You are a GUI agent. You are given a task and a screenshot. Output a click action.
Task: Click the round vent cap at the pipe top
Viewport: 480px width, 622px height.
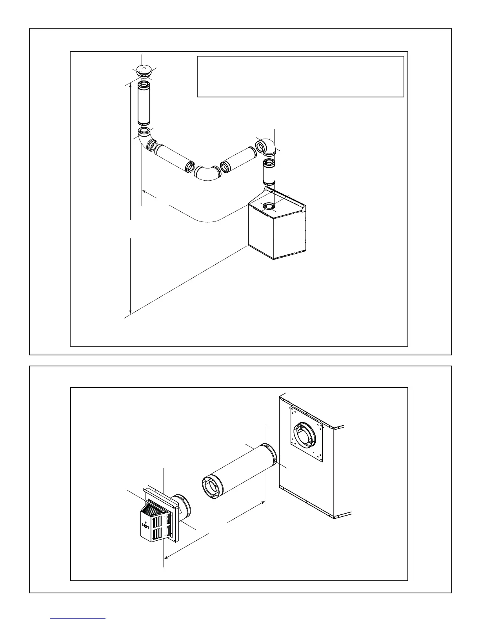tap(143, 71)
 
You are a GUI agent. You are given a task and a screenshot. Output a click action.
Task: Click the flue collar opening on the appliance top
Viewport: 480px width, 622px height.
tap(269, 206)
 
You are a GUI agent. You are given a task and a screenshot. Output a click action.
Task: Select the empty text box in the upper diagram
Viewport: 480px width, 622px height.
tap(300, 76)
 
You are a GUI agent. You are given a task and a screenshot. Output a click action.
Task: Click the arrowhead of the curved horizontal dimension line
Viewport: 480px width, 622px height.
tap(145, 192)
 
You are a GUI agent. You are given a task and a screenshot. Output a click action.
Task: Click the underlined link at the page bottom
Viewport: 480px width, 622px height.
tap(78, 618)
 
